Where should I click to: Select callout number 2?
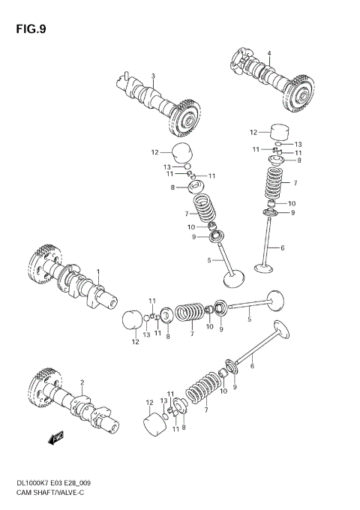82,382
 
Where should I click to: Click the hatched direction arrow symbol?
54,439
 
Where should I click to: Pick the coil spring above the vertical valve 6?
275,183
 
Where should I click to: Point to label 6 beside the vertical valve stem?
282,247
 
